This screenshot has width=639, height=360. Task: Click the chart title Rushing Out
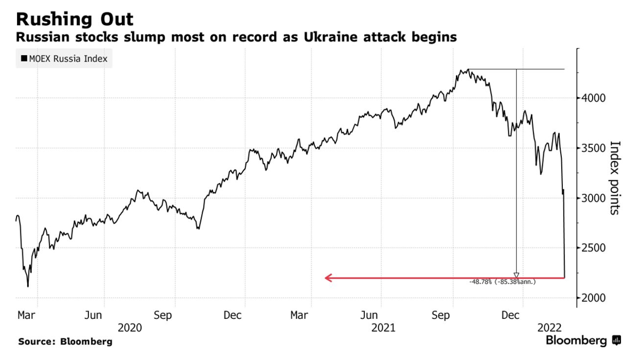[75, 19]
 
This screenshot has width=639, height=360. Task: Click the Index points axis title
[615, 177]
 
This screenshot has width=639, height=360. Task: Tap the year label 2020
[130, 327]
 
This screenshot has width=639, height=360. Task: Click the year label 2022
[549, 327]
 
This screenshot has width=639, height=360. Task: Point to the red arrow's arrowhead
[328, 278]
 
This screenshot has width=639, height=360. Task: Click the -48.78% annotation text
[502, 282]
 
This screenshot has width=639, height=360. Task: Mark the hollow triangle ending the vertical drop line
[516, 276]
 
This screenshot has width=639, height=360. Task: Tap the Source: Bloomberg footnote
[65, 341]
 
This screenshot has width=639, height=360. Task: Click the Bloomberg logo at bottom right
[583, 340]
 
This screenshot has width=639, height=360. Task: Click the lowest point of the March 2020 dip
[28, 286]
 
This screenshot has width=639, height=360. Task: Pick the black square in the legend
[24, 59]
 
